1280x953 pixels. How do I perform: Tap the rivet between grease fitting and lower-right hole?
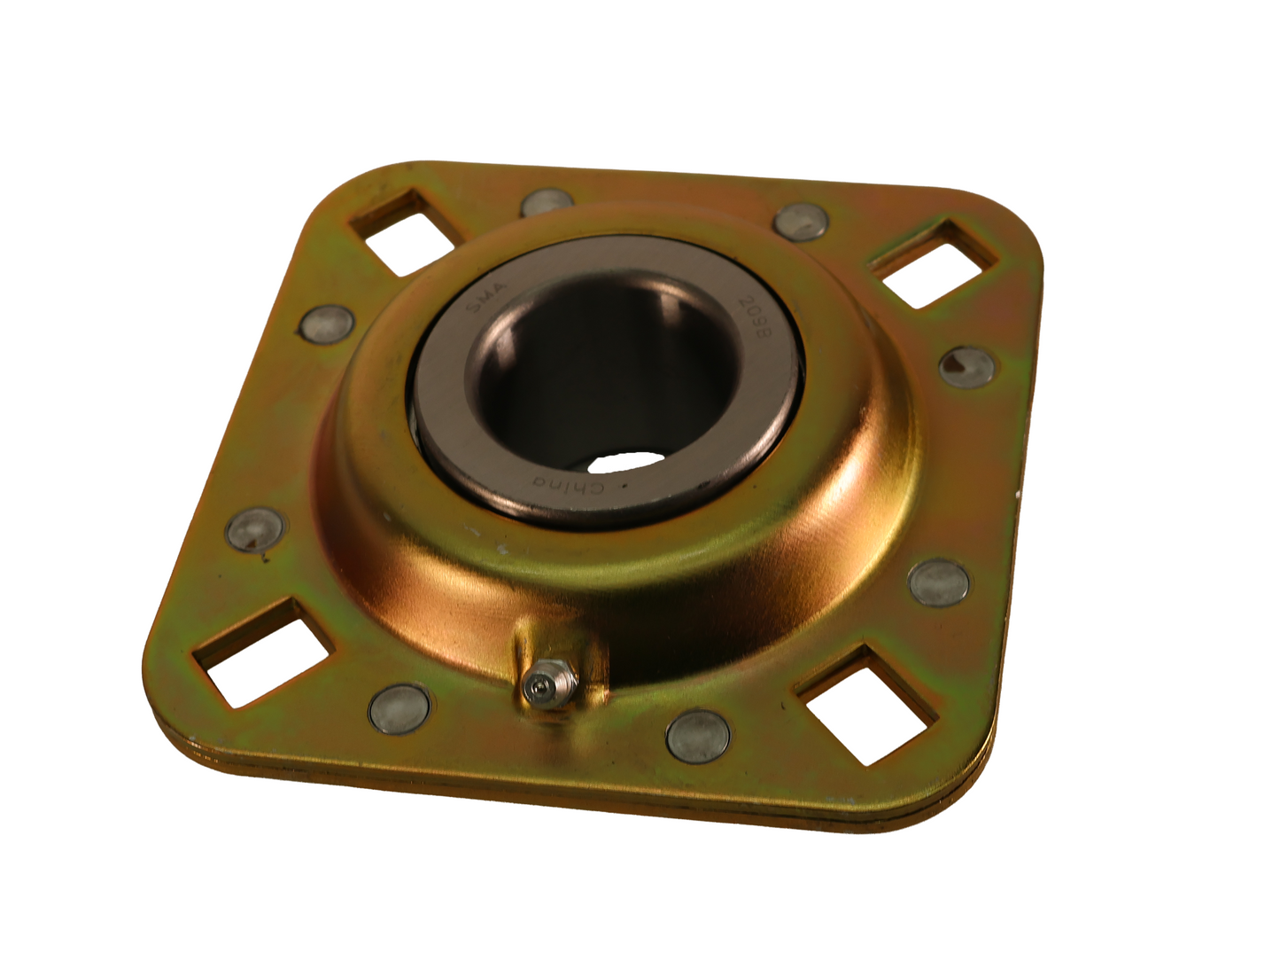[x=695, y=733]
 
